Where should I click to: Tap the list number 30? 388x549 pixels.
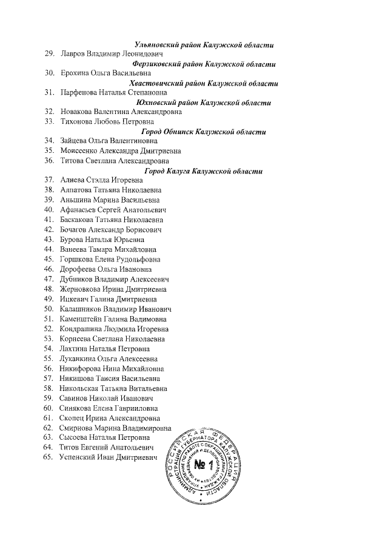(50, 73)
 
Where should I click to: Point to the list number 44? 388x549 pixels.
(50, 249)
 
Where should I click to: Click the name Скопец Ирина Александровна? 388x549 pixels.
(110, 418)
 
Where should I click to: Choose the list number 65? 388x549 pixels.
(50, 457)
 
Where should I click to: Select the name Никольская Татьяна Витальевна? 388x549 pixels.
(114, 388)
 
